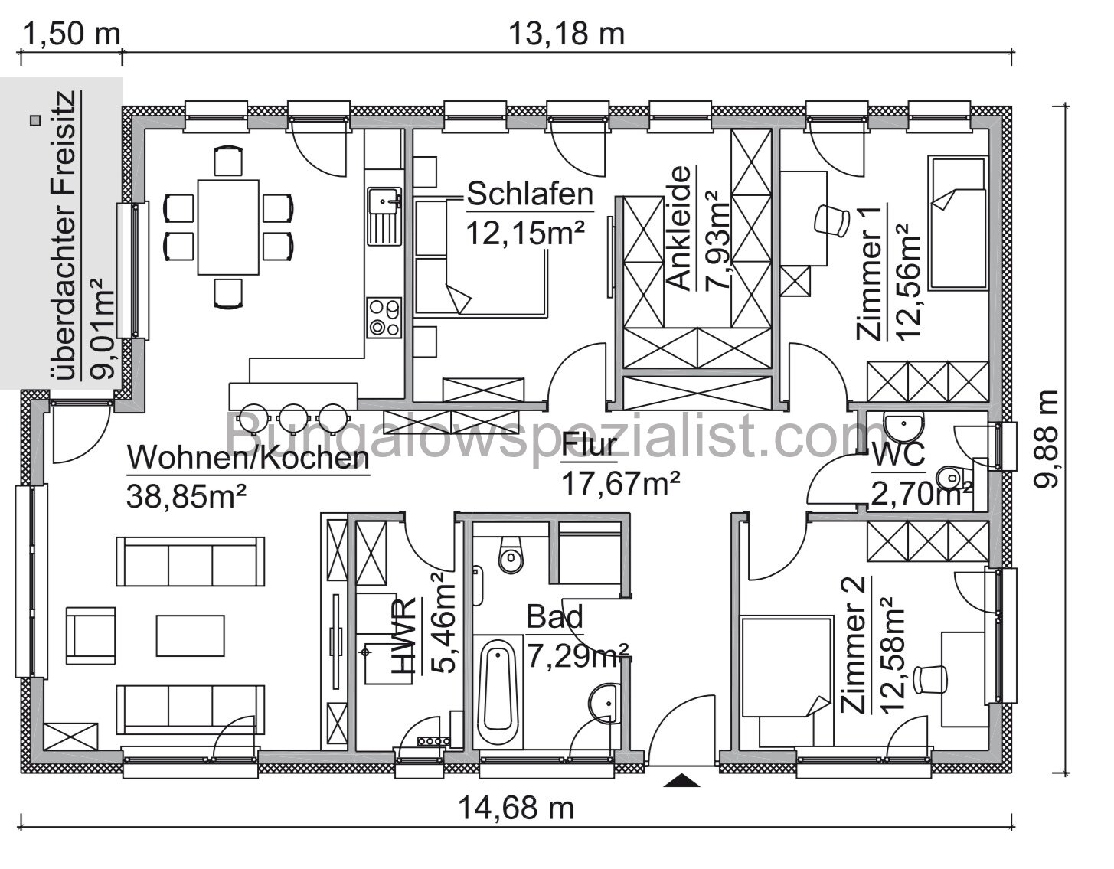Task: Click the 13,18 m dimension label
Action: click(x=566, y=34)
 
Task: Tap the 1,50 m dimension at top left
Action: click(x=72, y=34)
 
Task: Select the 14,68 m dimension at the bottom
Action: click(x=516, y=808)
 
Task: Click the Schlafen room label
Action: click(x=530, y=194)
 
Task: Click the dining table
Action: click(x=228, y=227)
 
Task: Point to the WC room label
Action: click(x=899, y=455)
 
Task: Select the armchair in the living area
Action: click(x=93, y=635)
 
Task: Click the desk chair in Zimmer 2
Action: click(x=933, y=678)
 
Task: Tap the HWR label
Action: click(x=405, y=637)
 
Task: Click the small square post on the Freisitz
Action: click(x=34, y=120)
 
